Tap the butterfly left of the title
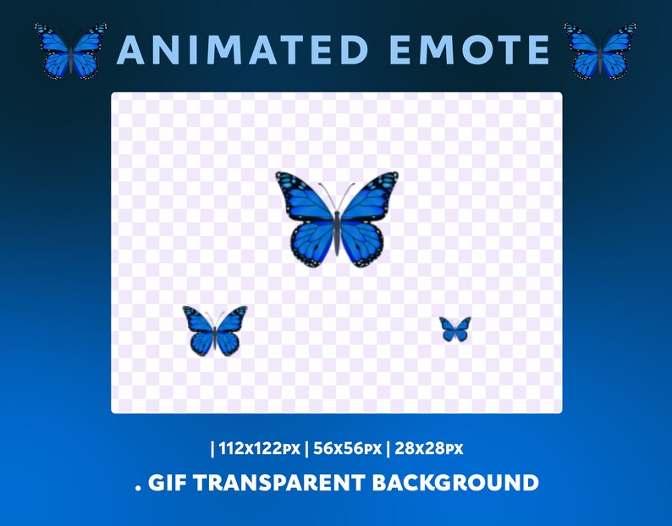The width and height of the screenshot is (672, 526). pos(71,53)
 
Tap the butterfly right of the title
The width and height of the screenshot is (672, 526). pos(600,53)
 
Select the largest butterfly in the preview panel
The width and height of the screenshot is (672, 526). pos(337,219)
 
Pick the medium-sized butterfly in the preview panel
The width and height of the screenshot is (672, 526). pos(215,330)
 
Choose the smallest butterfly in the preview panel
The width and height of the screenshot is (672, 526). pos(454,329)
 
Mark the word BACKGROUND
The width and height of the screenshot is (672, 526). pos(459,484)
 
